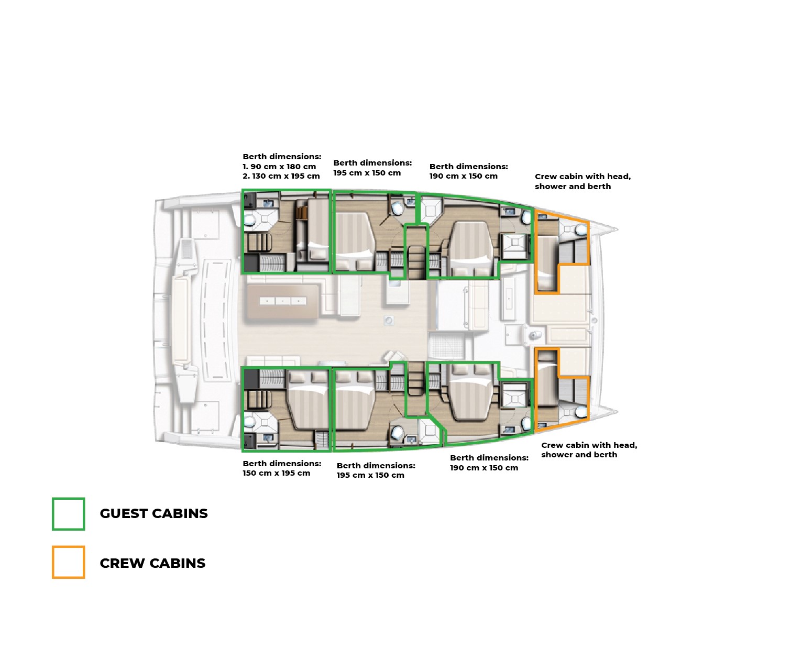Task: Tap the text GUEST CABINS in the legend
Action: point(153,513)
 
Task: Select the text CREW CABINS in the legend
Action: point(152,563)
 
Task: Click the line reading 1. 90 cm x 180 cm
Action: point(279,167)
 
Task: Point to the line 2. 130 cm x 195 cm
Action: point(281,176)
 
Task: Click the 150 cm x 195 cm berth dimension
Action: point(277,473)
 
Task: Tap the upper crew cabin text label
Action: point(583,181)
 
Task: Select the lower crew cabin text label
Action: point(589,449)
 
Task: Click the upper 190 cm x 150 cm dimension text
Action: point(463,176)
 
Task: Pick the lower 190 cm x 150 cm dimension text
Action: point(484,468)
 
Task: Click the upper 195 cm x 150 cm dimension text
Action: point(367,173)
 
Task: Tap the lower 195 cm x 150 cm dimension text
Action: point(370,475)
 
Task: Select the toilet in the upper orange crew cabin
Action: point(581,229)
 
